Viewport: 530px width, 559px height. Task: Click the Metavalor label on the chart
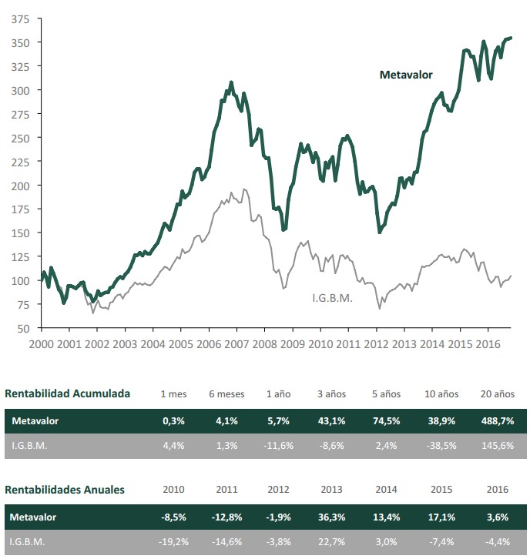click(406, 75)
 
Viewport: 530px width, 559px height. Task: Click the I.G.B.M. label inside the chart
click(332, 298)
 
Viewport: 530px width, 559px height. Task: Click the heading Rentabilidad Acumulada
click(68, 393)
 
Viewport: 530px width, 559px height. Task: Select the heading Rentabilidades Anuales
click(65, 489)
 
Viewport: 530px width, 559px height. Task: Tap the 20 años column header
click(498, 393)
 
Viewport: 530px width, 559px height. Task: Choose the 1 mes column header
click(173, 393)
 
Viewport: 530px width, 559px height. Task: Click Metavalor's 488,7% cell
click(498, 422)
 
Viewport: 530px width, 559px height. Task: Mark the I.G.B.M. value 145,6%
click(498, 446)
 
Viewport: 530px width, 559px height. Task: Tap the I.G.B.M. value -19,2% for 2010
click(173, 542)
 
